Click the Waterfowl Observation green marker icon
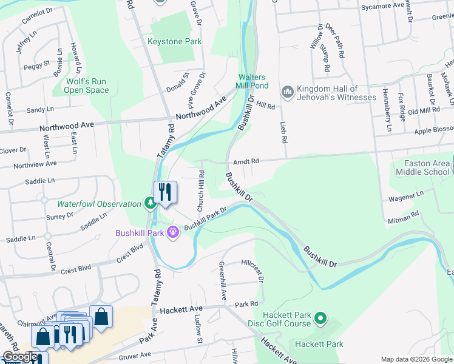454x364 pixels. pyautogui.click(x=149, y=203)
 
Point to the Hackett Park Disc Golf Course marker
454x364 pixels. pyautogui.click(x=322, y=318)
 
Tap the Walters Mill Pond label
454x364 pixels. pyautogui.click(x=251, y=82)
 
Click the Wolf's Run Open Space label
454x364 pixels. pyautogui.click(x=87, y=86)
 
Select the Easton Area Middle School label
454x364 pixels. pyautogui.click(x=422, y=167)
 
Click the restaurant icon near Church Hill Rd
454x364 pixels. pyautogui.click(x=165, y=192)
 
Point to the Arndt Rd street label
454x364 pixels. pyautogui.click(x=246, y=161)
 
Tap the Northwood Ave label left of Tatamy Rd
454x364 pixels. pyautogui.click(x=67, y=126)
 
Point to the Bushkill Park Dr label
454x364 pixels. pyautogui.click(x=205, y=219)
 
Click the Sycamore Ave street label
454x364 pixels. pyautogui.click(x=382, y=5)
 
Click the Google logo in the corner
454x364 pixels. pyautogui.click(x=19, y=357)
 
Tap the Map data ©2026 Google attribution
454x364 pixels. pyautogui.click(x=416, y=359)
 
